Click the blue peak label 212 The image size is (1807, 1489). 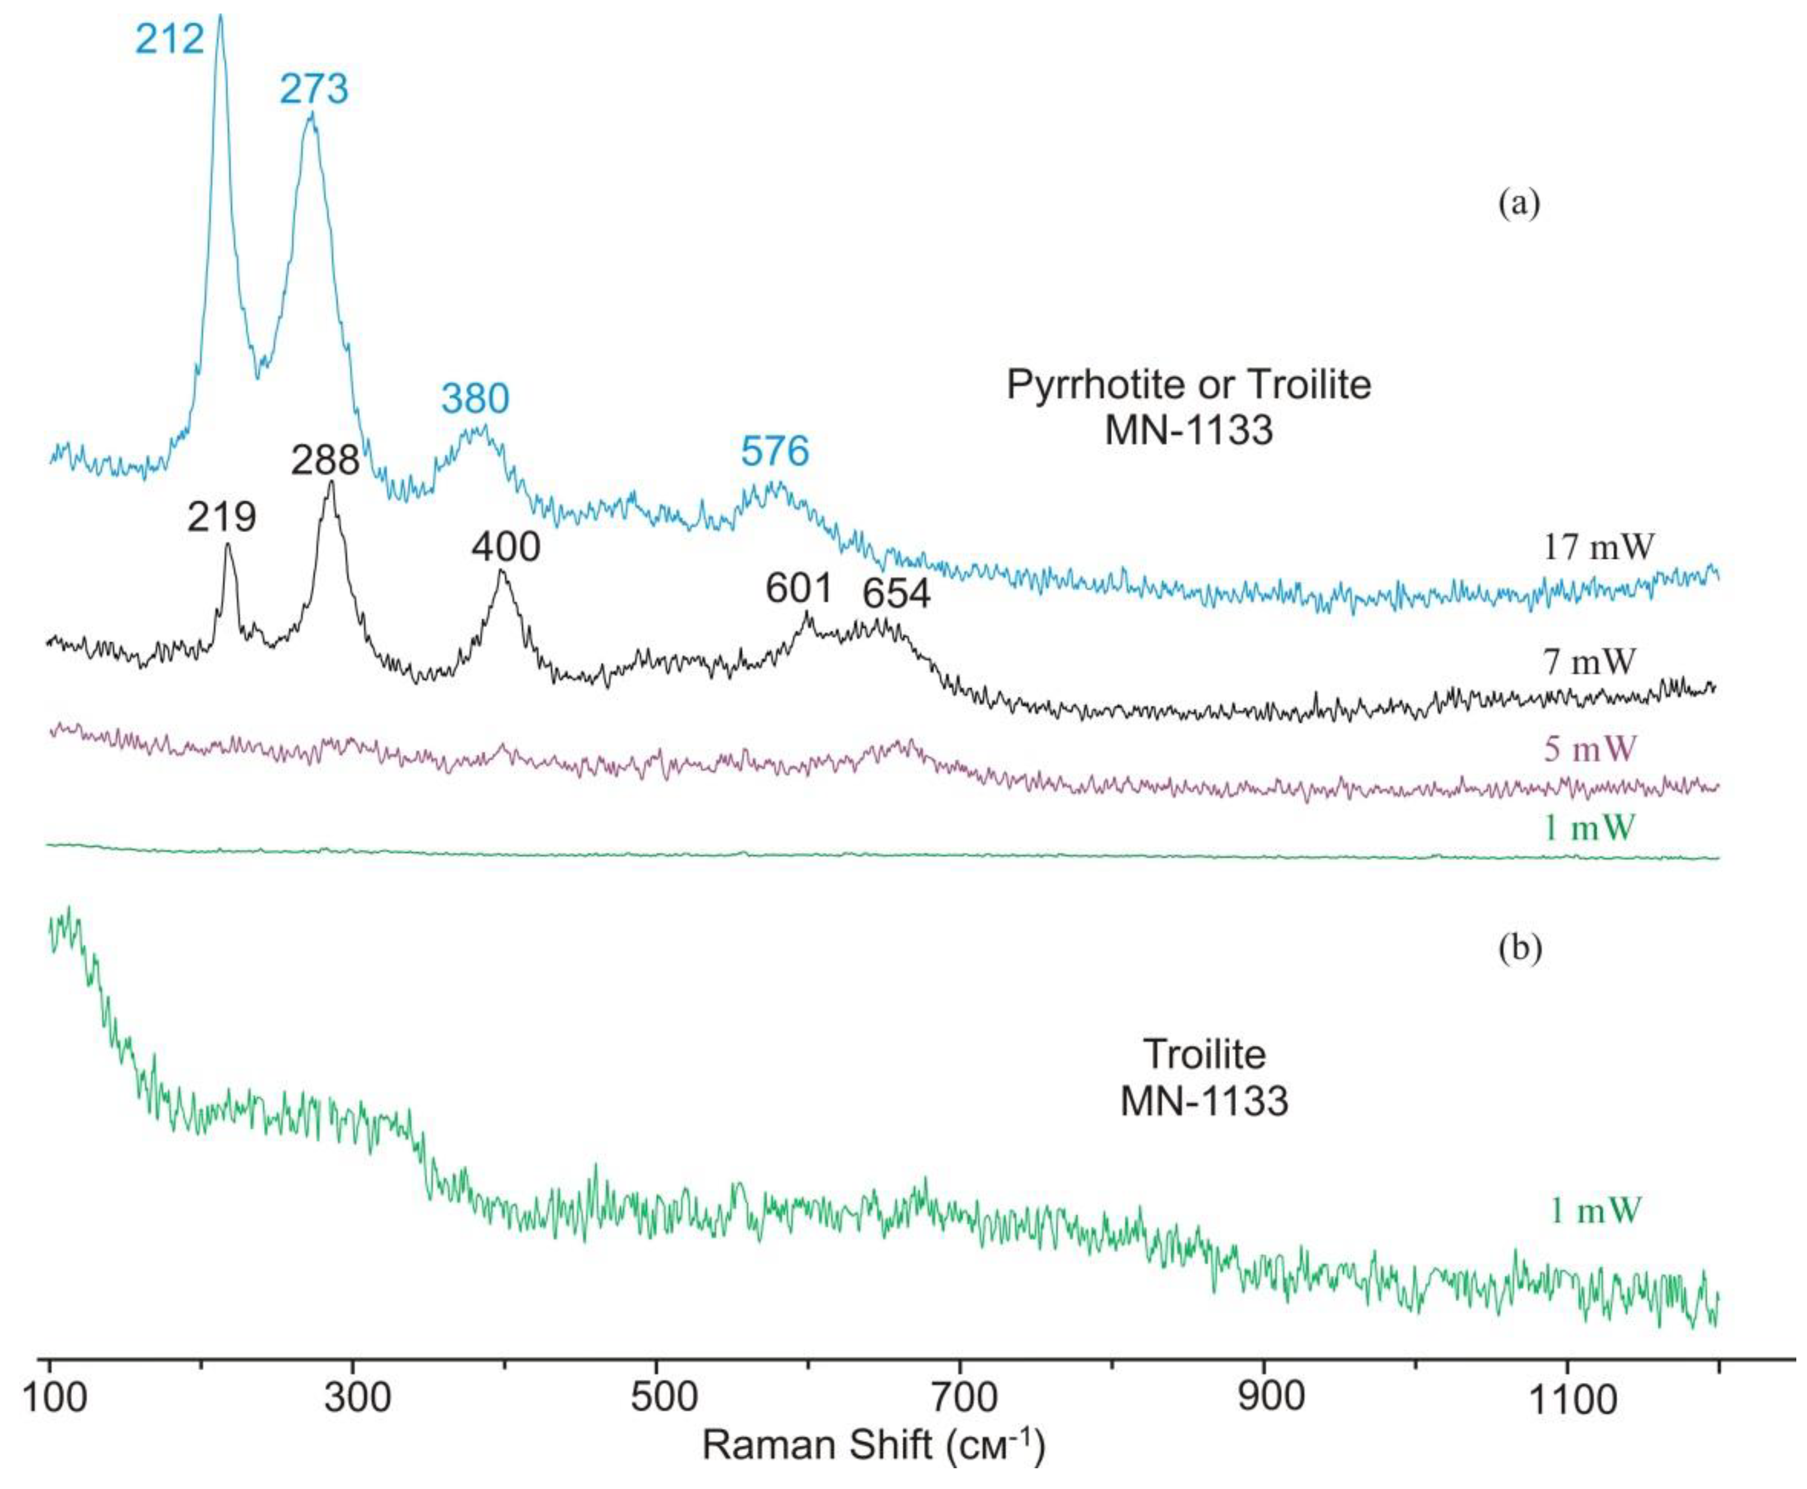[x=170, y=39]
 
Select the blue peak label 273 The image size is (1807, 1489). [x=314, y=89]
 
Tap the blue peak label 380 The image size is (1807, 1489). [x=475, y=399]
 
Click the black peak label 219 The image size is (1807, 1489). [x=222, y=517]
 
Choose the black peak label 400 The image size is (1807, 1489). [x=506, y=546]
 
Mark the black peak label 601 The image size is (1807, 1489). [x=798, y=588]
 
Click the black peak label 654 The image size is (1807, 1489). [x=896, y=593]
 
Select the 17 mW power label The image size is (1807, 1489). [x=1598, y=546]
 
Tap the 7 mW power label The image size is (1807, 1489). [x=1589, y=661]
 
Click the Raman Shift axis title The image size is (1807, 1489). [x=873, y=1445]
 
